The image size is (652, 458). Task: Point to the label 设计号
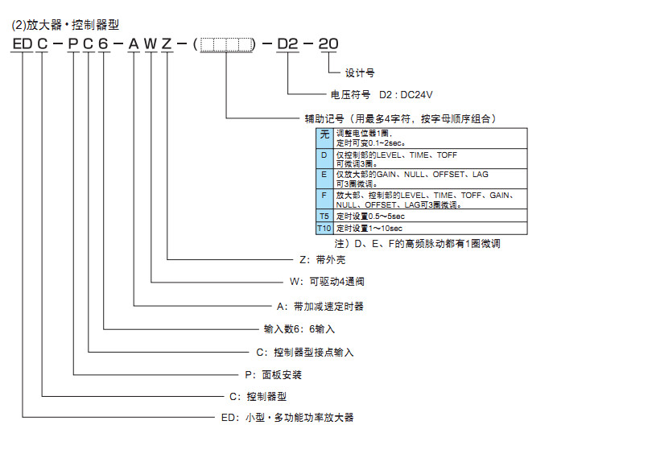360,72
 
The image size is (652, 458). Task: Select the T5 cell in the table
324,217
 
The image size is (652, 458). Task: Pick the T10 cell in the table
324,229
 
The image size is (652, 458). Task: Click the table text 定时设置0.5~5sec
369,217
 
